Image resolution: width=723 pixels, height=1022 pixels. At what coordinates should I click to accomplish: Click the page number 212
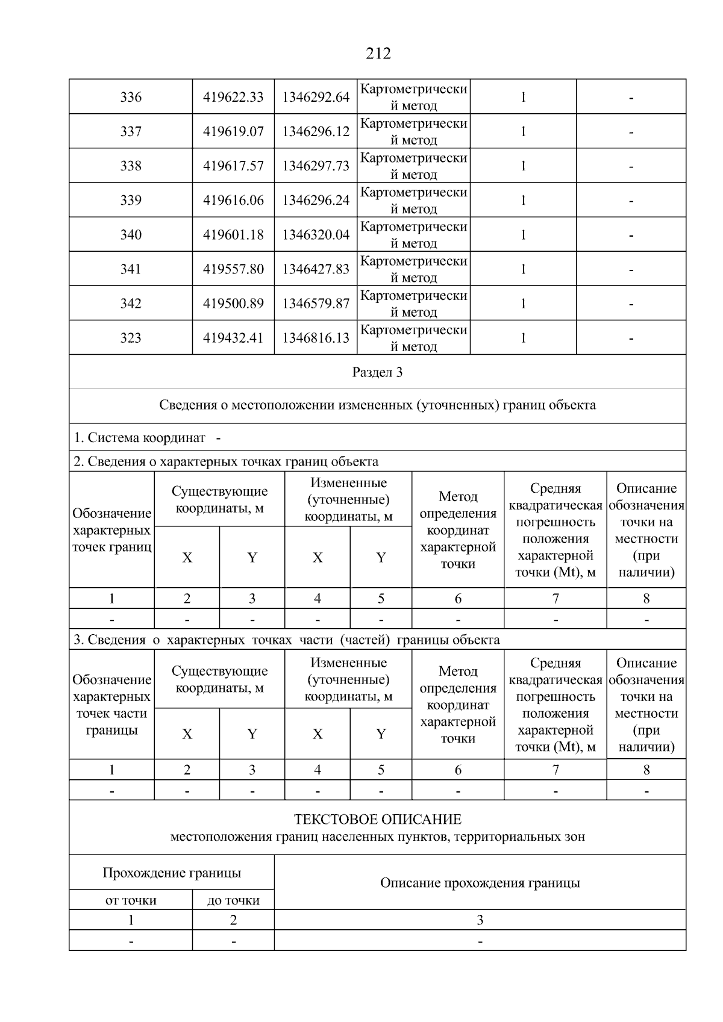click(x=378, y=54)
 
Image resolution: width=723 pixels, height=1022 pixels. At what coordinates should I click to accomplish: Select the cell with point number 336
click(x=131, y=97)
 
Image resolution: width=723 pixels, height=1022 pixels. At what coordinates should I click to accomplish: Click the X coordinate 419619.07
click(x=233, y=131)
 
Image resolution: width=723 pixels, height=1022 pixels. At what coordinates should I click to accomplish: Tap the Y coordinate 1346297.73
click(x=316, y=166)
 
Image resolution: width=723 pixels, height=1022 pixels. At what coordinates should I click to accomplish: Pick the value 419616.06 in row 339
click(x=233, y=200)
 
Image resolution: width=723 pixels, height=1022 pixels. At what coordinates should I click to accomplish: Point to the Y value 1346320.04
click(x=316, y=234)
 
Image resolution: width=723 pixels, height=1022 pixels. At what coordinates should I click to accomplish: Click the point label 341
click(x=131, y=269)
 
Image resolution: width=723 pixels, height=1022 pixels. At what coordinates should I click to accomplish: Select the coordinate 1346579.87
click(x=316, y=303)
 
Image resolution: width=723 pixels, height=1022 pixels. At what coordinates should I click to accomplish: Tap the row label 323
click(x=131, y=338)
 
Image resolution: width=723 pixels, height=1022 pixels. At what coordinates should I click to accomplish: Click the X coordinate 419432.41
click(x=233, y=338)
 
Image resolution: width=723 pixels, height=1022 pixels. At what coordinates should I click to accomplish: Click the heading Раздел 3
click(x=377, y=372)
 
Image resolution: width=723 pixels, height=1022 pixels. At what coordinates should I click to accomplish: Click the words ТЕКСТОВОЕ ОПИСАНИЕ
click(x=377, y=819)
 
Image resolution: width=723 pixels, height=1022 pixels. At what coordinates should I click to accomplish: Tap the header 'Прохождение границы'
click(x=172, y=873)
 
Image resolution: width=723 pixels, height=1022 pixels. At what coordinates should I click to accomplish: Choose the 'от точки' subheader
click(x=131, y=900)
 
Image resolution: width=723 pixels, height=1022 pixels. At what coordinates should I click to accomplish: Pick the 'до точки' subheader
click(x=233, y=900)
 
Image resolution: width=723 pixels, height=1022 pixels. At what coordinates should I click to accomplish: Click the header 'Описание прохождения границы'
click(x=480, y=883)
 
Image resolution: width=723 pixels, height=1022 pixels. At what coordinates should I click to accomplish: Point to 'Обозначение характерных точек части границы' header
click(x=111, y=705)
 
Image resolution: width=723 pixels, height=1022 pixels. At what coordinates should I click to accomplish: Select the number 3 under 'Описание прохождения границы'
click(x=480, y=920)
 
